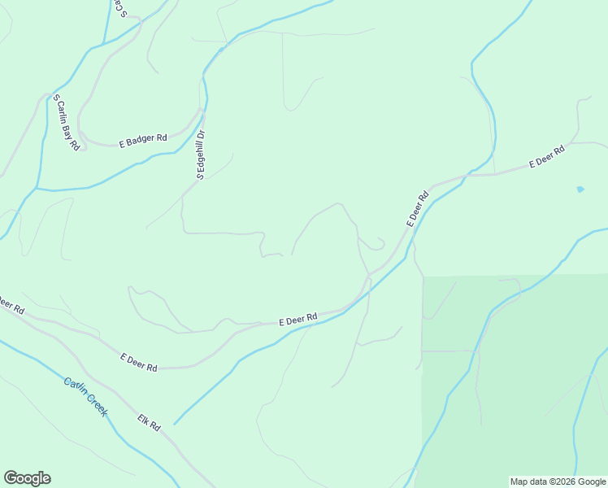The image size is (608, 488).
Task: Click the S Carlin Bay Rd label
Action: click(x=67, y=123)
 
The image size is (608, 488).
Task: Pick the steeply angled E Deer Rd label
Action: click(x=417, y=209)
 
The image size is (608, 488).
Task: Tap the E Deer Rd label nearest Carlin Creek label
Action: click(x=139, y=362)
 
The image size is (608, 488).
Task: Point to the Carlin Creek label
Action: click(x=85, y=397)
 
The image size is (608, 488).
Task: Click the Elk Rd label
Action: click(x=150, y=421)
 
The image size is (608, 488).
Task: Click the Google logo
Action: click(x=27, y=478)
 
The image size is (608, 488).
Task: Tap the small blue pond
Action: click(x=580, y=190)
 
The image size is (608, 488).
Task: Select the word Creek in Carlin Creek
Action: click(x=98, y=406)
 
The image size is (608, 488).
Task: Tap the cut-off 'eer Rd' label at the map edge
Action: click(x=11, y=307)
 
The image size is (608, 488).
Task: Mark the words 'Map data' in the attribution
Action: click(x=528, y=481)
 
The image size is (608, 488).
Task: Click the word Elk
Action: click(x=145, y=417)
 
